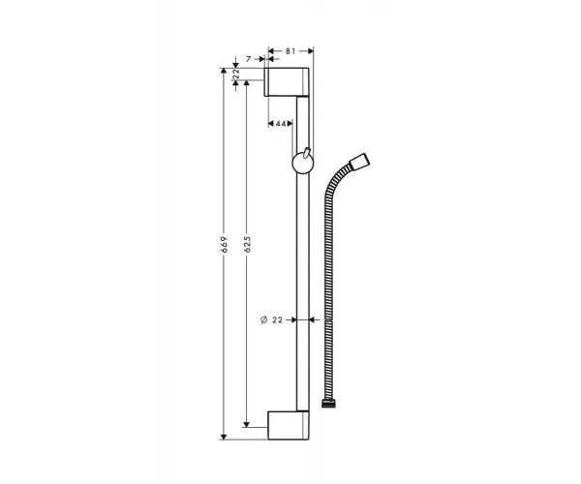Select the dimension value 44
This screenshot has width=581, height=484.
(279, 124)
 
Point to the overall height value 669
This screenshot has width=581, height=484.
(223, 246)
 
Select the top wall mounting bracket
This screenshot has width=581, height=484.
(289, 82)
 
